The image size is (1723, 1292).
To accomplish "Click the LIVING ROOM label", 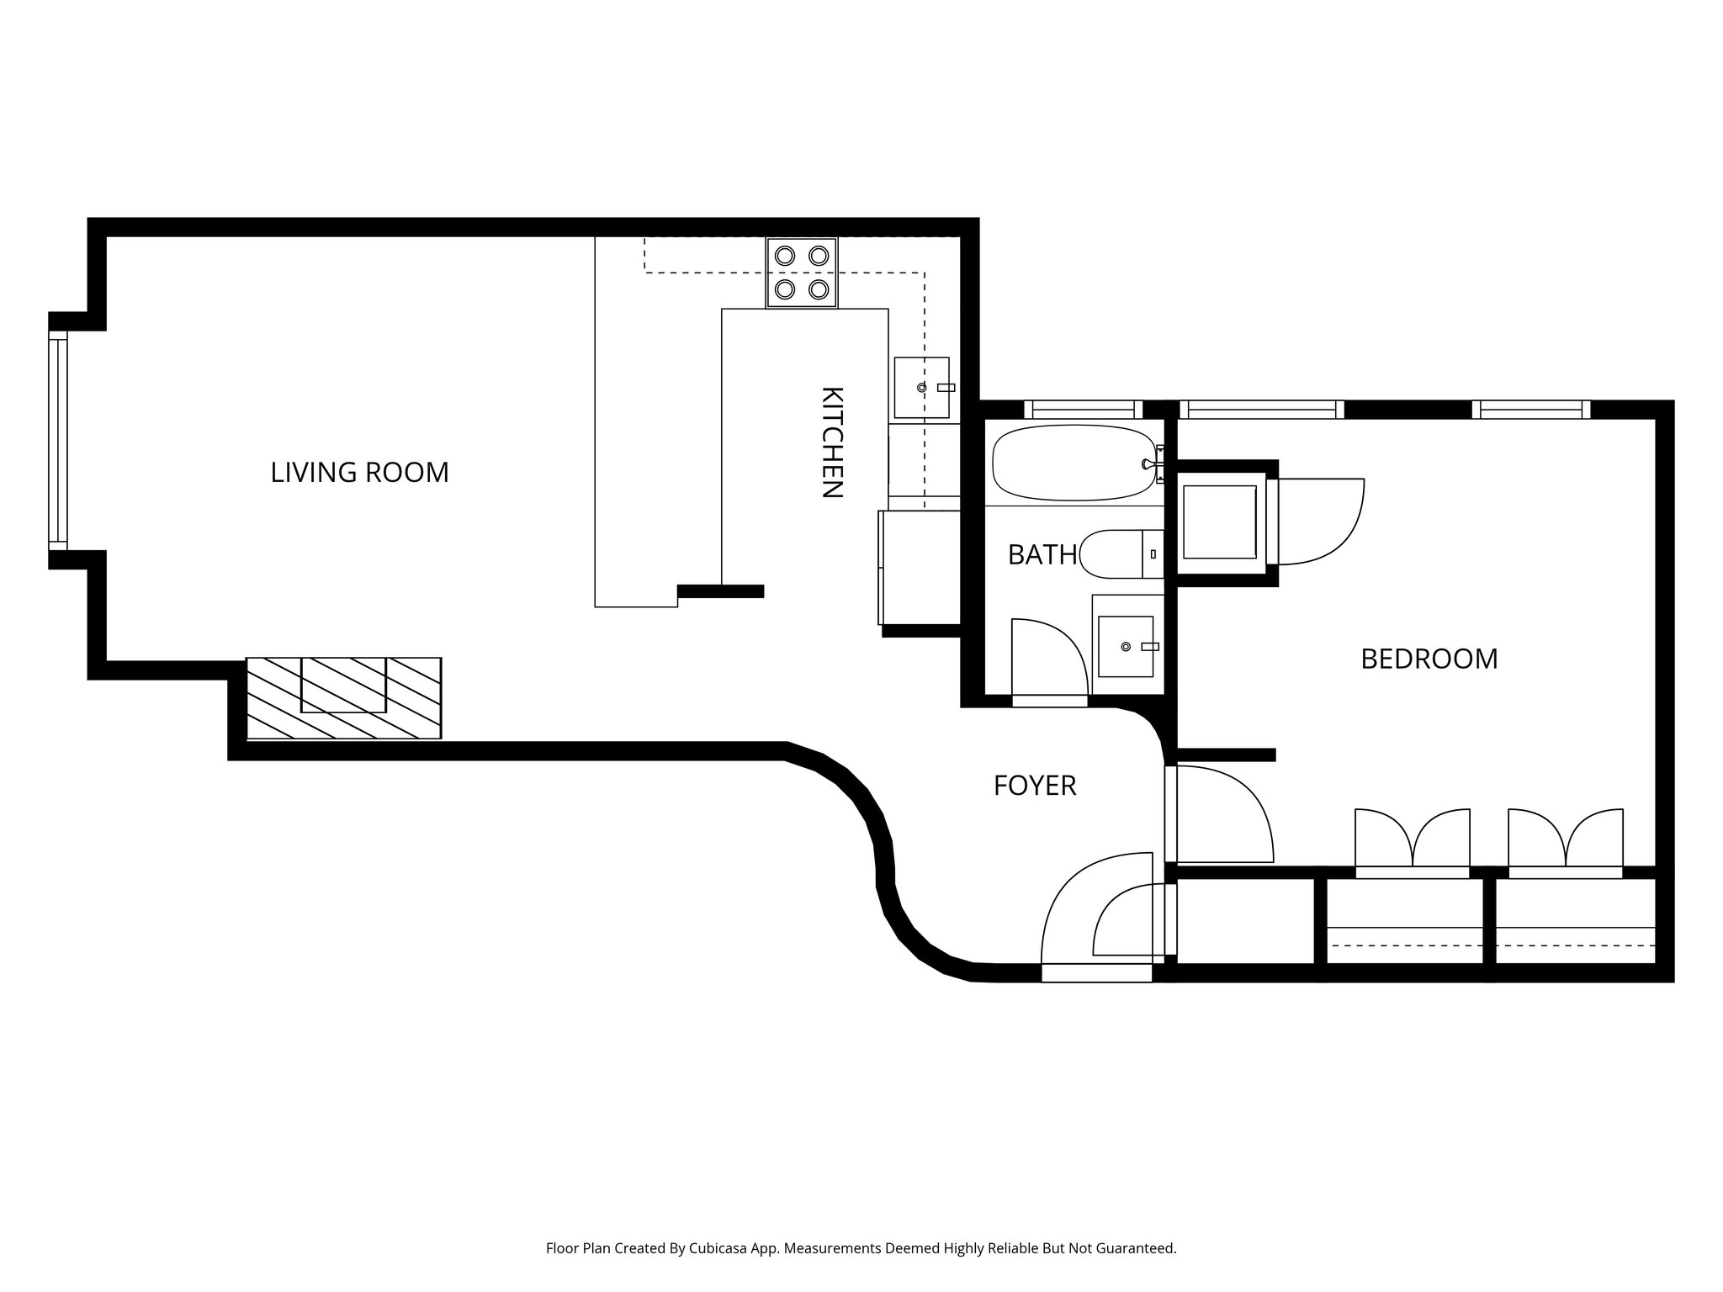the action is (359, 473).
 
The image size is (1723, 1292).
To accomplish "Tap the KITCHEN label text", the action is (831, 442).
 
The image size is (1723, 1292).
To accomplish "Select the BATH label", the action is (1042, 555).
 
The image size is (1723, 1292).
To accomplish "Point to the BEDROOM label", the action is (1429, 659).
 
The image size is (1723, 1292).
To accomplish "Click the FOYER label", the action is (1035, 786).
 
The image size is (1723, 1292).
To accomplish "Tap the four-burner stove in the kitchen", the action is (802, 273).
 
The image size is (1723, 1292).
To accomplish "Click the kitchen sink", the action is (922, 388).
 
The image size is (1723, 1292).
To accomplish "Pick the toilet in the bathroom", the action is (1121, 554).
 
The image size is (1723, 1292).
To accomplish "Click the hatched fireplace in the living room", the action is (343, 698).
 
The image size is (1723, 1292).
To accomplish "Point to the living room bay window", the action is (57, 440).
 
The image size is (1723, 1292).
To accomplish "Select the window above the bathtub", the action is (1083, 410).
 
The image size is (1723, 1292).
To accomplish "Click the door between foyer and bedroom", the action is (1219, 814).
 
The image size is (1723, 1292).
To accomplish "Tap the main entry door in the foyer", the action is (1096, 916).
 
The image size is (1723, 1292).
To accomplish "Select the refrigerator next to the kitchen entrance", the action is (920, 568).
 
